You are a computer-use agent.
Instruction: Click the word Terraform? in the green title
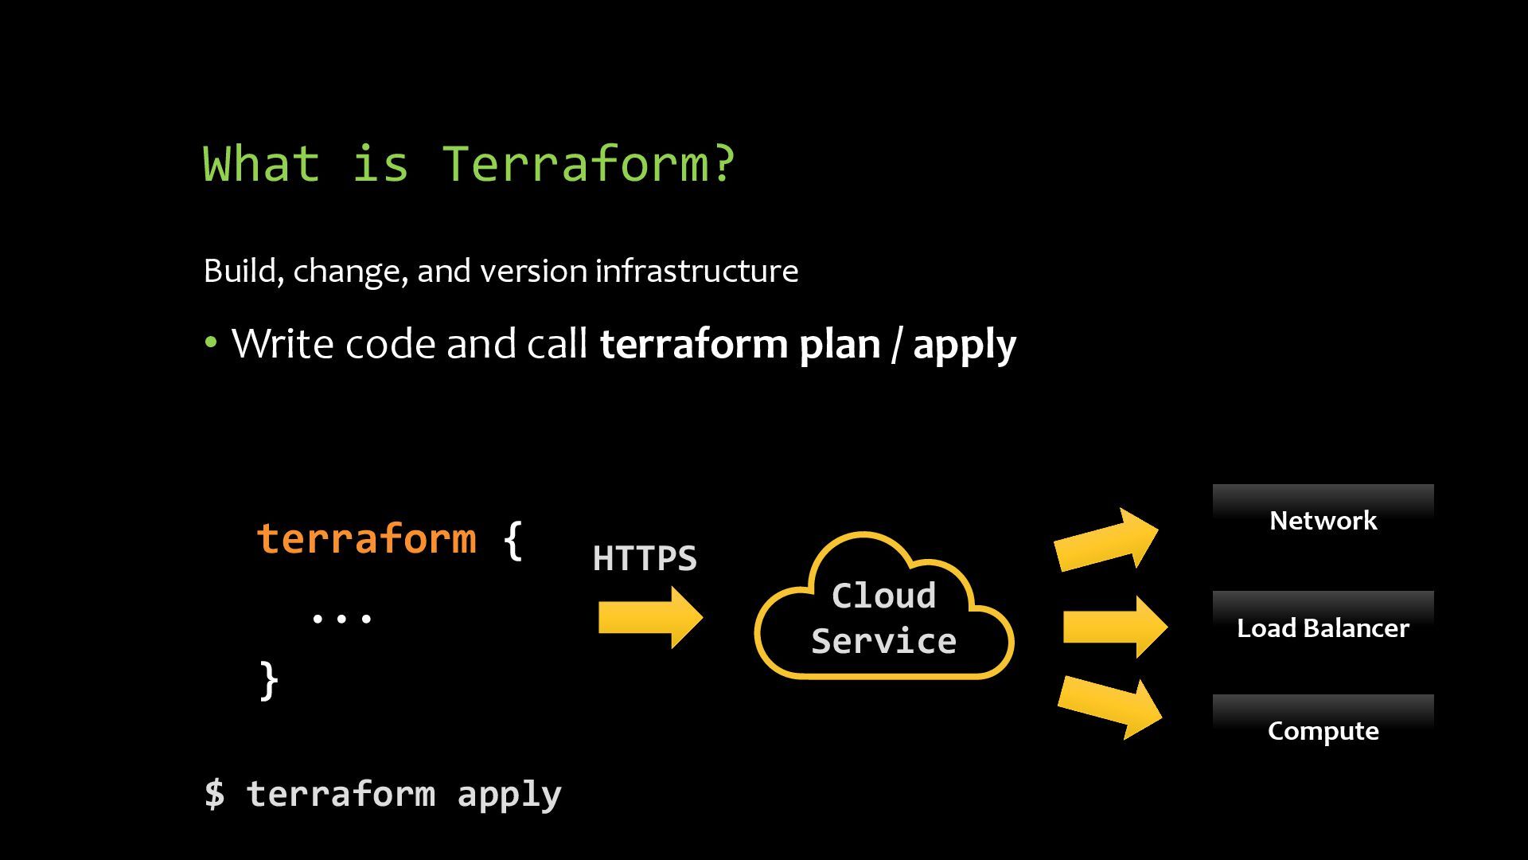click(588, 163)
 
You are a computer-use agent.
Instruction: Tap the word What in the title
click(261, 163)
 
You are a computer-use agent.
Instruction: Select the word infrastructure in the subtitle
click(696, 272)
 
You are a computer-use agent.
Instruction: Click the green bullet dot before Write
click(211, 343)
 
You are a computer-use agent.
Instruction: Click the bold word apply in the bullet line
click(965, 345)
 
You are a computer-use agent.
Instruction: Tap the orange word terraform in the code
click(367, 538)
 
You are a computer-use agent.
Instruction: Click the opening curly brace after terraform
click(513, 540)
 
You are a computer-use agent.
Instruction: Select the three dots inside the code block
click(341, 617)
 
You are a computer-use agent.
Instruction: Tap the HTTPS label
click(645, 558)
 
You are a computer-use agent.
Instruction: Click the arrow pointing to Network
click(1106, 540)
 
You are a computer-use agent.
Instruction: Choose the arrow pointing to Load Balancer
click(1114, 627)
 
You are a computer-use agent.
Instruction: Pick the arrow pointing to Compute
click(1109, 707)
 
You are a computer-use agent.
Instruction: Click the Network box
click(1323, 520)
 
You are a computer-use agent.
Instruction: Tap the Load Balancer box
click(1323, 627)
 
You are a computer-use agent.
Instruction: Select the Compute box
click(1323, 730)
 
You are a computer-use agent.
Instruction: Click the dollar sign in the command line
click(214, 794)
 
